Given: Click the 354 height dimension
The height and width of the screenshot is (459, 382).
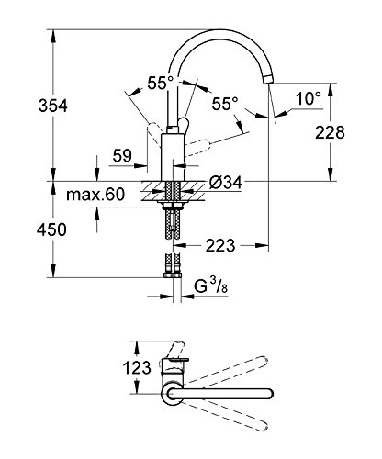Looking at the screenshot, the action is [x=52, y=106].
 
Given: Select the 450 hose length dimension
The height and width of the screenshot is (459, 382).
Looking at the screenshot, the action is [x=51, y=229].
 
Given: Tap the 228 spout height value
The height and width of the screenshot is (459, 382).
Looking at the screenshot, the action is [x=330, y=132].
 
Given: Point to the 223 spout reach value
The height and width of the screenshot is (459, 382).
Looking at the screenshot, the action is [x=220, y=245].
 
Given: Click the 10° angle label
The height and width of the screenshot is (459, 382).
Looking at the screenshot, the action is [x=309, y=98].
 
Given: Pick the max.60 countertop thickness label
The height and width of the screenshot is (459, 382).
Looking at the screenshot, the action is [x=95, y=195].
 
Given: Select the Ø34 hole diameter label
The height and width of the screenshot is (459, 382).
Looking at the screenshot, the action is [x=226, y=183].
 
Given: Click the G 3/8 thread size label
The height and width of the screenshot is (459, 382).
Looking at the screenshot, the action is [x=211, y=287].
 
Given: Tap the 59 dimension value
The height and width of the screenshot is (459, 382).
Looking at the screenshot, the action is [x=122, y=156].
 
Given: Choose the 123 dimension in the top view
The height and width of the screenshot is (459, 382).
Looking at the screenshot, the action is [x=137, y=367].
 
